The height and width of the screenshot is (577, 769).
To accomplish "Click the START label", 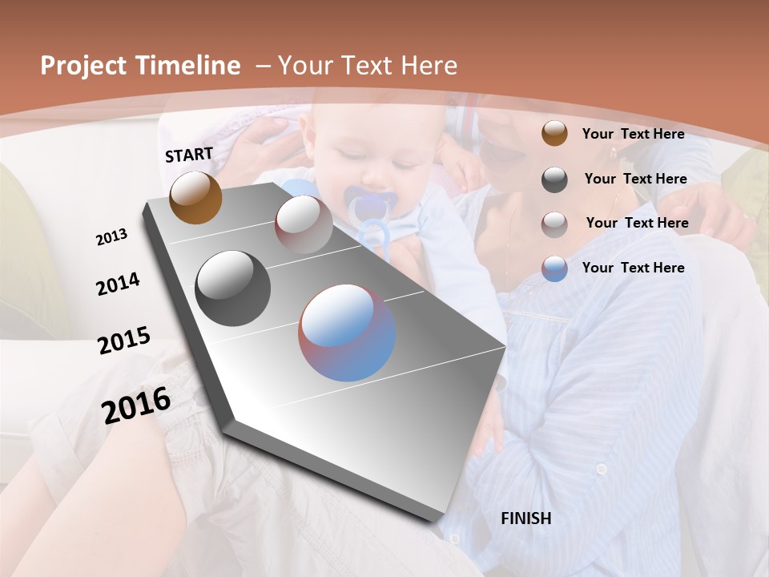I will [x=189, y=155].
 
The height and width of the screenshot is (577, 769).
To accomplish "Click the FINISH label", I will [x=526, y=518].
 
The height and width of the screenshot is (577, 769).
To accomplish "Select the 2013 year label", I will [x=112, y=237].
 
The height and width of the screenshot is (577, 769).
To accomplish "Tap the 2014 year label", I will [x=119, y=284].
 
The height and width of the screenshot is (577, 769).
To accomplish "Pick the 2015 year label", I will [x=124, y=341].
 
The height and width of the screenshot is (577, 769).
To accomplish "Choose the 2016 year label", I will [x=136, y=405].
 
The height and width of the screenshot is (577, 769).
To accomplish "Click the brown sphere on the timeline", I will [x=195, y=197].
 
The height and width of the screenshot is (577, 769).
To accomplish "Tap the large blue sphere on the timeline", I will [x=347, y=333].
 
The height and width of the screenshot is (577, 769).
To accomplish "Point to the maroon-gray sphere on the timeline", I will [x=304, y=224].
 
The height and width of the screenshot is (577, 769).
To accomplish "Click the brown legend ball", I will [x=554, y=134].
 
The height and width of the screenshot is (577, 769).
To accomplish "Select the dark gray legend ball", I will [x=554, y=180].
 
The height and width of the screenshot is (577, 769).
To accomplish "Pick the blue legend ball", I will [x=554, y=268].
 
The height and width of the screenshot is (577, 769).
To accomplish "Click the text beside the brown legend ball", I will [x=633, y=134].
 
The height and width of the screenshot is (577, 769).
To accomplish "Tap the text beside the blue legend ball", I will [x=633, y=268].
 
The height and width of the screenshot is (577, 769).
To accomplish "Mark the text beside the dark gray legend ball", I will [x=635, y=179].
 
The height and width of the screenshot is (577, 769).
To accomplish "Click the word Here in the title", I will [x=430, y=66].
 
